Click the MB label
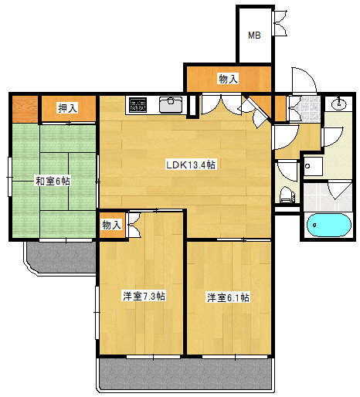click(254, 35)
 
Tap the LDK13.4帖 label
click(191, 165)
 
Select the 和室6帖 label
click(53, 182)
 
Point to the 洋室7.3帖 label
click(144, 296)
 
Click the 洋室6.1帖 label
click(228, 297)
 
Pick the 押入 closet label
click(67, 108)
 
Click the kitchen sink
click(171, 104)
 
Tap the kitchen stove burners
click(138, 105)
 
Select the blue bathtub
click(329, 225)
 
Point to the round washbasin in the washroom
click(338, 104)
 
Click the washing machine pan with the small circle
click(313, 166)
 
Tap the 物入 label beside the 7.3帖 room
click(111, 225)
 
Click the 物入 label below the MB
click(228, 79)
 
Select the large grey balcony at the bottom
click(185, 374)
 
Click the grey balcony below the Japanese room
click(62, 257)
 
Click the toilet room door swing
click(287, 171)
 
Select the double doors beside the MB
click(280, 23)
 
